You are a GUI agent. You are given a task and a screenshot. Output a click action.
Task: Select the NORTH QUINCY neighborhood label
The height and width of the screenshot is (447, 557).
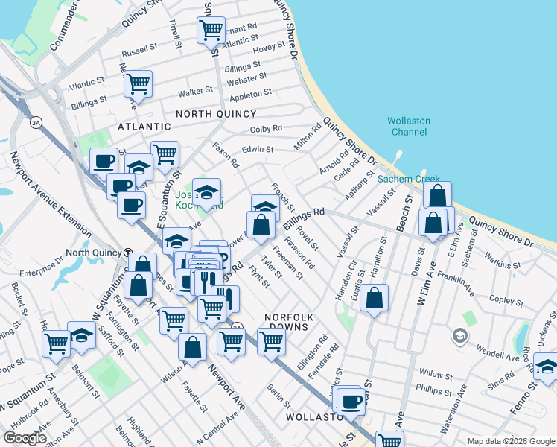point(216,114)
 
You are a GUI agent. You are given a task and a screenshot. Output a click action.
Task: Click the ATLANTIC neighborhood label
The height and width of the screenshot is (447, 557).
point(145,127)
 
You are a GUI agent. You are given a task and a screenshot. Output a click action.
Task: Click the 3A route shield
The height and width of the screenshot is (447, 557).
point(36,121)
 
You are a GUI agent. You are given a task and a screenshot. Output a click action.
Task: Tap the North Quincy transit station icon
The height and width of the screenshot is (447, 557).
point(127,252)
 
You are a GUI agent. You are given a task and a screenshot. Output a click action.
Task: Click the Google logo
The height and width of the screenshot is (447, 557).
point(25,438)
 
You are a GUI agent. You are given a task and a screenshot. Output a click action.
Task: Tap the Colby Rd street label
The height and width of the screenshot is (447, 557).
point(266,129)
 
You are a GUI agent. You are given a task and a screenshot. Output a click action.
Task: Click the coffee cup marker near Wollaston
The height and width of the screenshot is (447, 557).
point(351,402)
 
